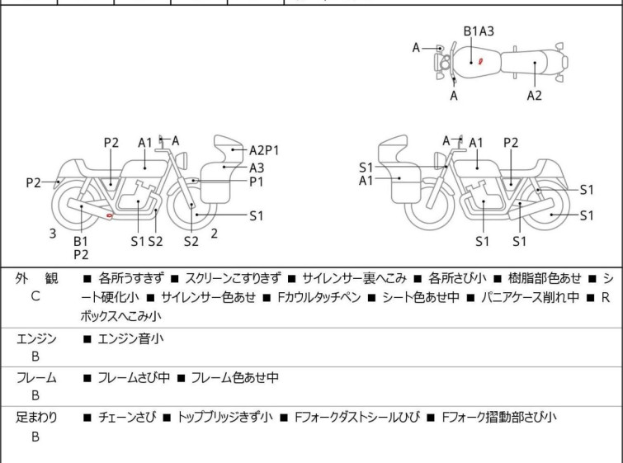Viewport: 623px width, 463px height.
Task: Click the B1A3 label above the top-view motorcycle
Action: pyautogui.click(x=479, y=31)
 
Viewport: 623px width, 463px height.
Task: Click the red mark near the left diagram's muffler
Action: pyautogui.click(x=110, y=216)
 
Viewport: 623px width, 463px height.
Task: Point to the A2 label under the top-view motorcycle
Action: pyautogui.click(x=535, y=96)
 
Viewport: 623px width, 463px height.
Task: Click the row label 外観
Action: pyautogui.click(x=35, y=279)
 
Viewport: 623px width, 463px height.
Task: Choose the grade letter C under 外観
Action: pyautogui.click(x=35, y=295)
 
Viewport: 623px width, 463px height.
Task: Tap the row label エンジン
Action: pyautogui.click(x=36, y=338)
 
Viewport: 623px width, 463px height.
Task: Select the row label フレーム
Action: pyautogui.click(x=36, y=378)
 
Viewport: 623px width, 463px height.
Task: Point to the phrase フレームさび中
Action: pyautogui.click(x=134, y=378)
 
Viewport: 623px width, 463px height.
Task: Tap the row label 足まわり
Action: pyautogui.click(x=36, y=418)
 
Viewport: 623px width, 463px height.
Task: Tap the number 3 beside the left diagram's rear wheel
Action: pyautogui.click(x=53, y=234)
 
